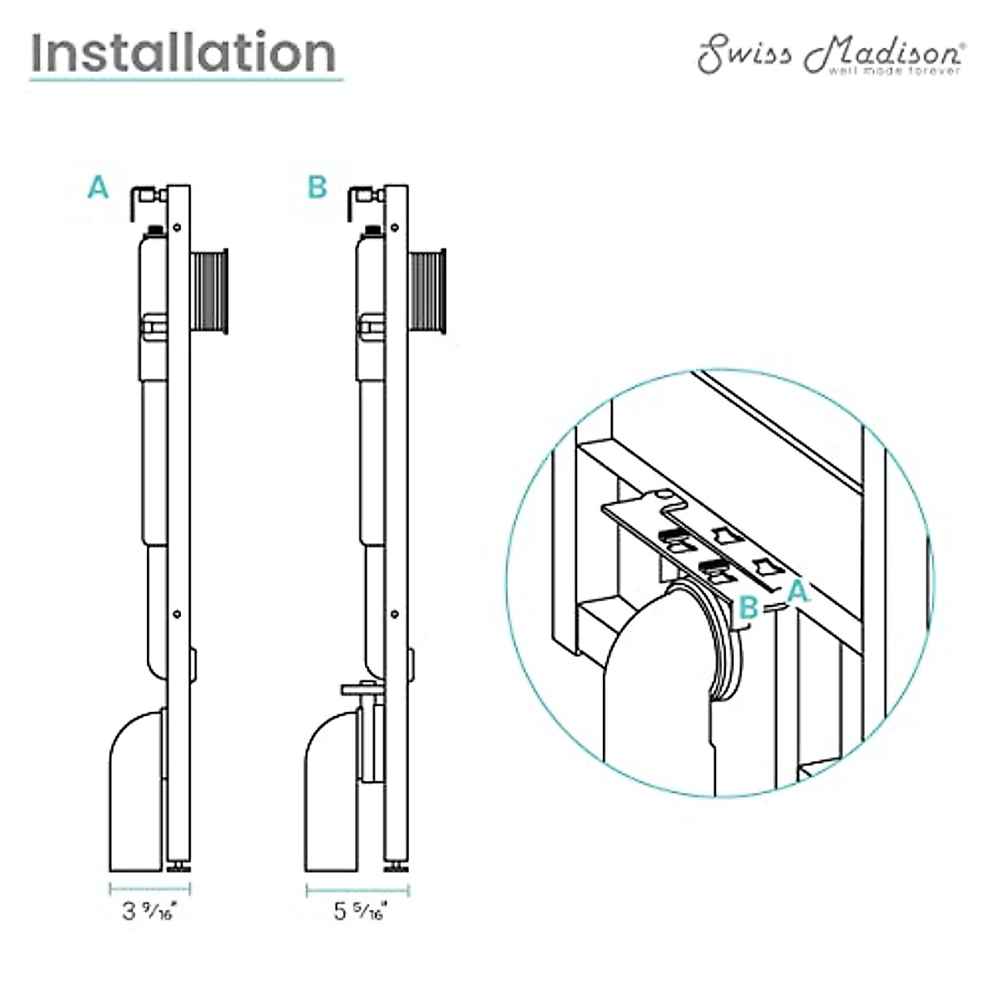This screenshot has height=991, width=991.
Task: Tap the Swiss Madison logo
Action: (x=829, y=55)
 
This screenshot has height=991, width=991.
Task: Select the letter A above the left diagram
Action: (x=98, y=188)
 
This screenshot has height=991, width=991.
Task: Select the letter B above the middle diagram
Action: (x=317, y=188)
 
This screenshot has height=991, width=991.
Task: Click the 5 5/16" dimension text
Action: (x=359, y=912)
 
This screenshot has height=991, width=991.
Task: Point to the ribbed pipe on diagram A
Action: (x=211, y=292)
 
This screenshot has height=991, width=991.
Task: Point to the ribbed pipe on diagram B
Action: (x=428, y=292)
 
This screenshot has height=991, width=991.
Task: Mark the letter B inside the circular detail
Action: (x=748, y=607)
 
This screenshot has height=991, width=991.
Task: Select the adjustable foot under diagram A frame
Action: (x=178, y=866)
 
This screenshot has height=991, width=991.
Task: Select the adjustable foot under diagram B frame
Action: (x=396, y=866)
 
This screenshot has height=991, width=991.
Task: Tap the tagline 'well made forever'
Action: (x=895, y=72)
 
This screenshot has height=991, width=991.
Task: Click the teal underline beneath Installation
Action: (x=186, y=80)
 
